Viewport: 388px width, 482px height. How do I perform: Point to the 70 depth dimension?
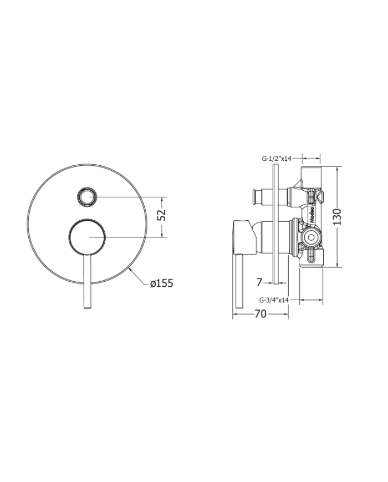260,314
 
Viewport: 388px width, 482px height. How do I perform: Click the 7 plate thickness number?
259,282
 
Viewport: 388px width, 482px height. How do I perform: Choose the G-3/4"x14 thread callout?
275,300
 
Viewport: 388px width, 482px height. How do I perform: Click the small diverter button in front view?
88,196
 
